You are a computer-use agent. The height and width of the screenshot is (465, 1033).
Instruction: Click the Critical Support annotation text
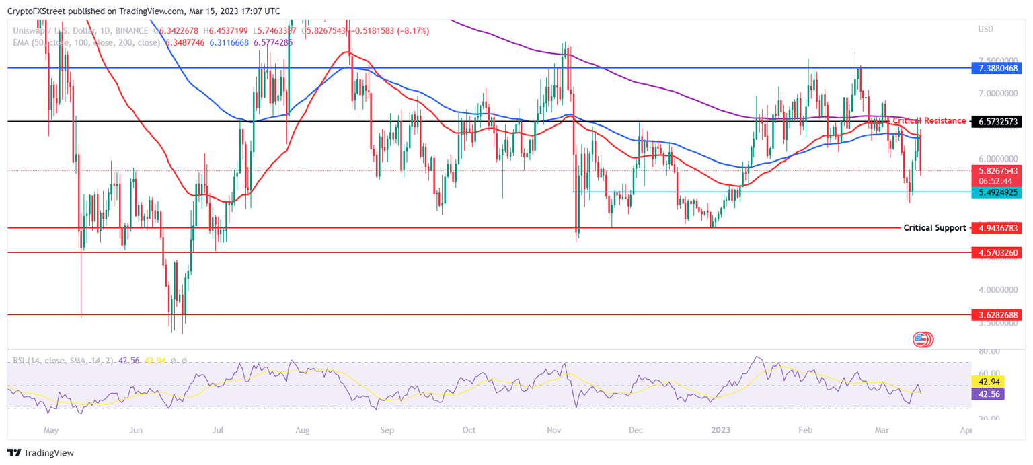[934, 228]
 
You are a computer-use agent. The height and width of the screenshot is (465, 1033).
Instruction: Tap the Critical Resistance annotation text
[929, 121]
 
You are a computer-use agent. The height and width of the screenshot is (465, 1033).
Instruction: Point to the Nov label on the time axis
[555, 429]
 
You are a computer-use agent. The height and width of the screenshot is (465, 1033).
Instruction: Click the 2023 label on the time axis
[721, 429]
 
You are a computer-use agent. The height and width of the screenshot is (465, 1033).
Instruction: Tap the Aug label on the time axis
[302, 429]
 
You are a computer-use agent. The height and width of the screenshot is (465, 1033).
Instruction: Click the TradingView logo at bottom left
[41, 453]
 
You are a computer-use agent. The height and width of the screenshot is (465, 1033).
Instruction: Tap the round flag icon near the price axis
[921, 340]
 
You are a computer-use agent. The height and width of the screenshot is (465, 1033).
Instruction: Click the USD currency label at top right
[985, 29]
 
